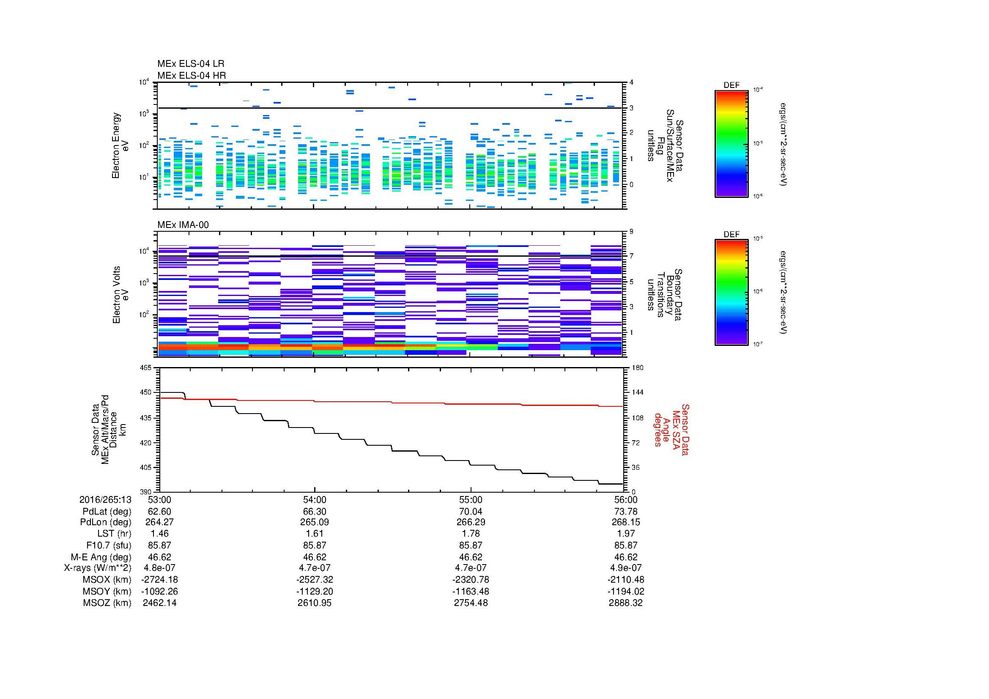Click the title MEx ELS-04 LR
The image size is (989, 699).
[x=190, y=64]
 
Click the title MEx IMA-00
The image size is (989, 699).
[x=183, y=225]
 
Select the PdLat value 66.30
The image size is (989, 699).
[x=315, y=512]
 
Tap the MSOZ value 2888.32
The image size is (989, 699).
[x=625, y=603]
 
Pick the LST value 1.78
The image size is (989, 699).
[x=471, y=534]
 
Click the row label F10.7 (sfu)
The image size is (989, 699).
[x=108, y=545]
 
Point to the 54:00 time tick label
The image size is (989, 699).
[x=315, y=500]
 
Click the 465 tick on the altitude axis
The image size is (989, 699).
[x=145, y=368]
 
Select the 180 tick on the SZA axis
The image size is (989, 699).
[x=637, y=368]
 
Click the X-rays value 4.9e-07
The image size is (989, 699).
[x=625, y=568]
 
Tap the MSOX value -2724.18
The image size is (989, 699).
[x=159, y=580]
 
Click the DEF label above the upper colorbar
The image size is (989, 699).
[x=731, y=85]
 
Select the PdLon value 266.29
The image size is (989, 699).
[x=471, y=522]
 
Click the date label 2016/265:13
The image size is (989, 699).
[x=105, y=500]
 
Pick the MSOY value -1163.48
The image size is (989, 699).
[x=471, y=592]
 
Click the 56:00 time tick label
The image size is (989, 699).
[x=625, y=500]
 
